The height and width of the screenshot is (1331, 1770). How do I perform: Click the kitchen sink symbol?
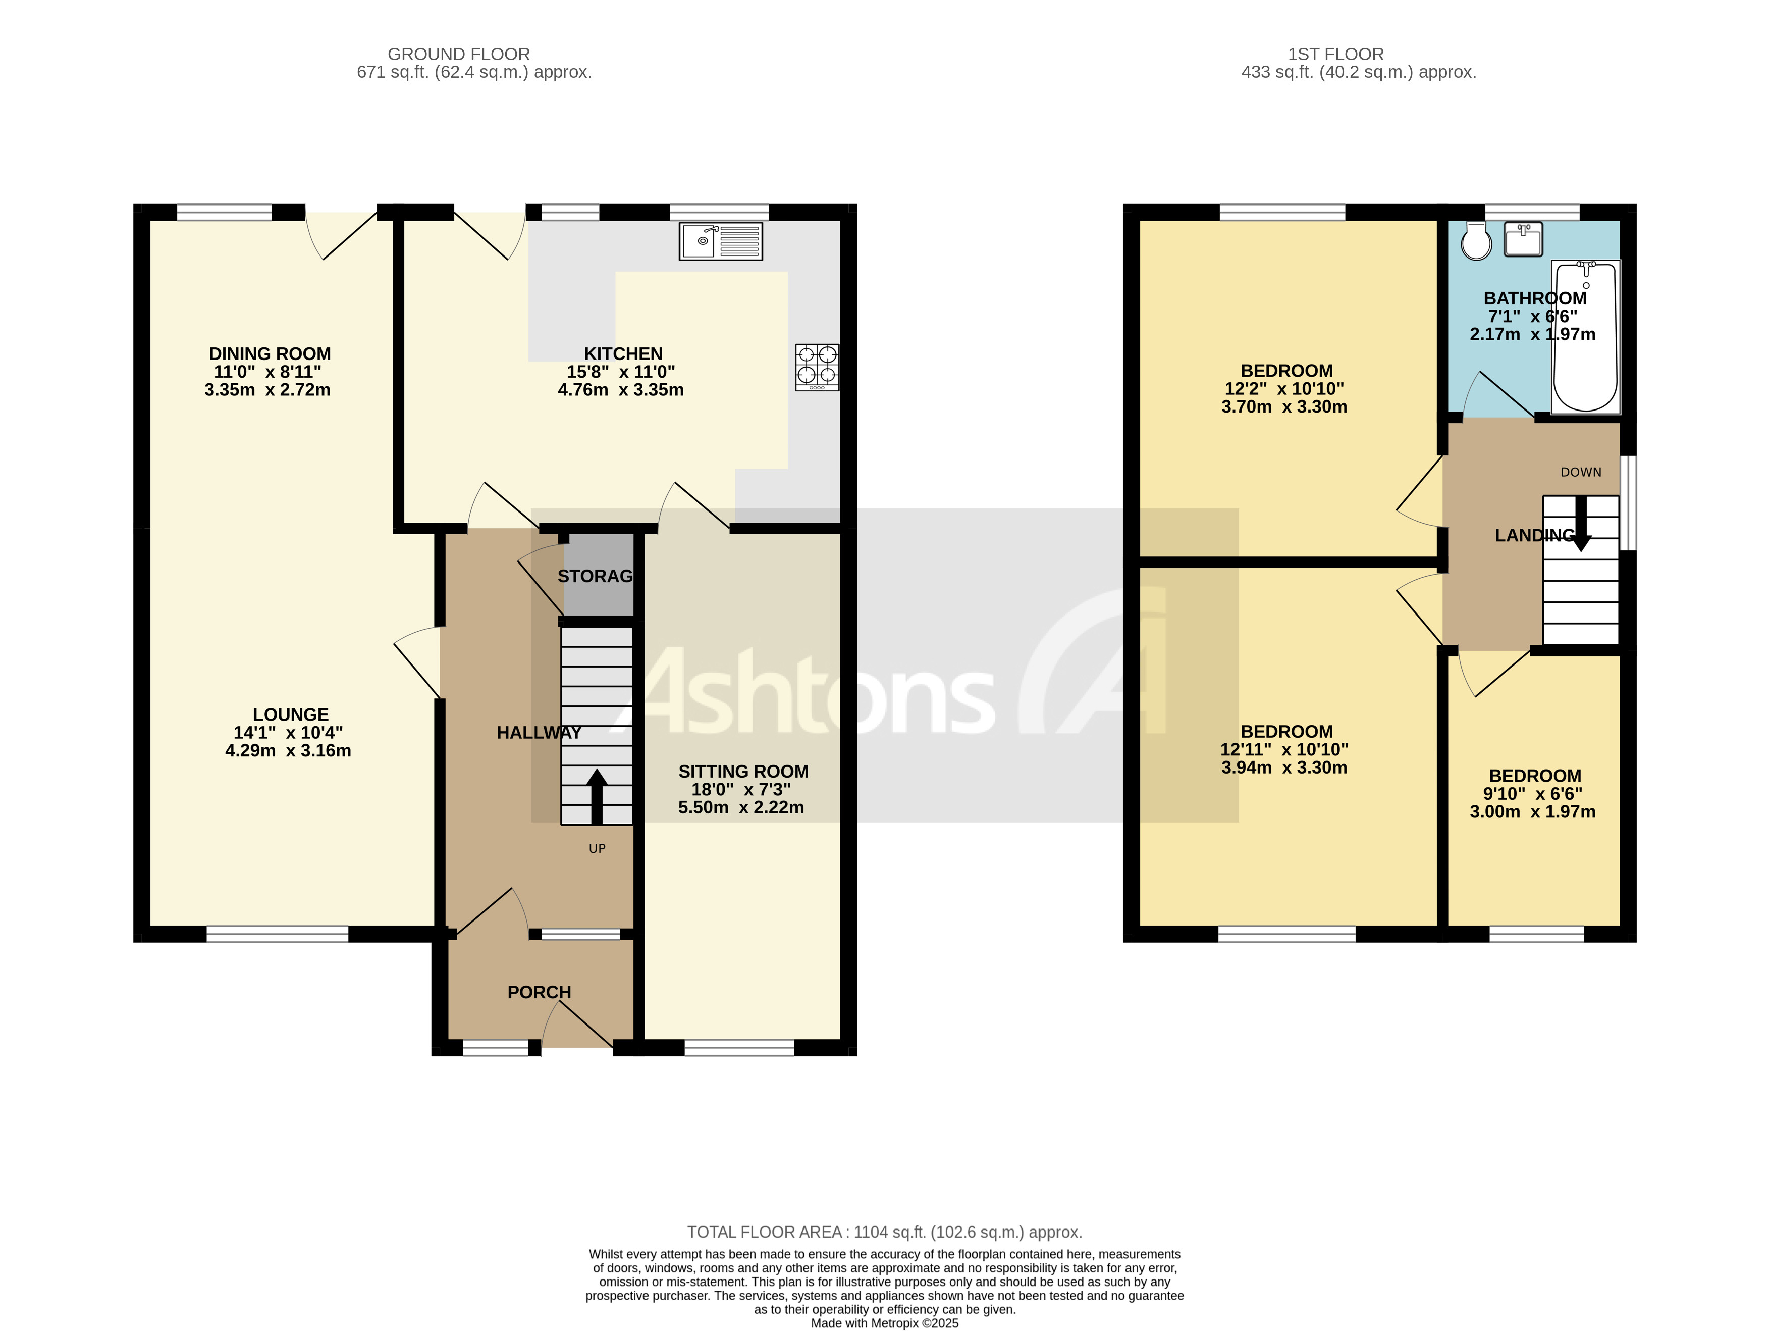click(x=720, y=241)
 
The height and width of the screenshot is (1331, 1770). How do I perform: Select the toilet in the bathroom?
click(x=1476, y=240)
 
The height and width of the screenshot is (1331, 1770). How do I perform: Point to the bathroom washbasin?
click(x=1523, y=238)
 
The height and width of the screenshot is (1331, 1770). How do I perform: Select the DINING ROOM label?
click(x=270, y=354)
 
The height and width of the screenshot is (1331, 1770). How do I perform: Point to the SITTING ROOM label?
click(x=743, y=772)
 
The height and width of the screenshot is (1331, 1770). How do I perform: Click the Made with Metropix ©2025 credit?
click(x=884, y=1323)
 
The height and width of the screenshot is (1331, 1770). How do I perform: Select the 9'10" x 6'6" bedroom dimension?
click(x=1532, y=794)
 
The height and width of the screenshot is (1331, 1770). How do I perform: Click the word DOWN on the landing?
click(x=1580, y=472)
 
